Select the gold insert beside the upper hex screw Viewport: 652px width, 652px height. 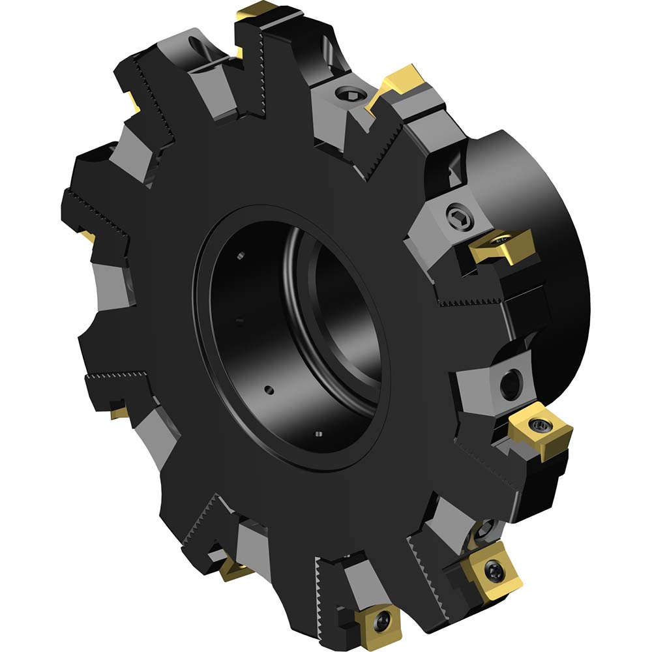[399, 80]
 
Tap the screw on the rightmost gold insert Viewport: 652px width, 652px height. [539, 425]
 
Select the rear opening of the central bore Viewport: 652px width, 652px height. [346, 306]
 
